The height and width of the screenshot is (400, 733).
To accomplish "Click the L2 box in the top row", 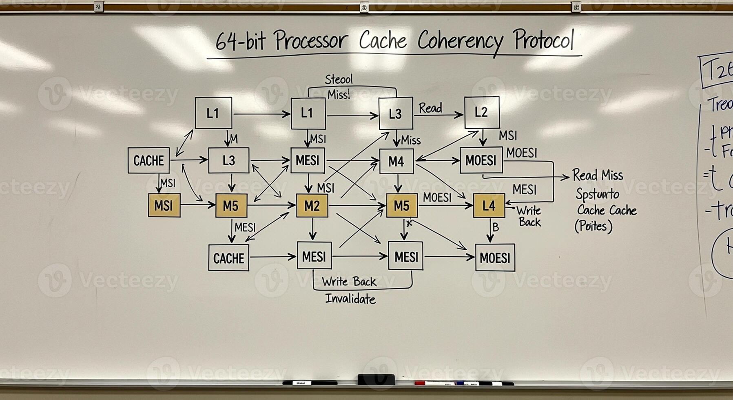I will point(482,113).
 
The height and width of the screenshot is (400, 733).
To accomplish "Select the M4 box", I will point(396,162).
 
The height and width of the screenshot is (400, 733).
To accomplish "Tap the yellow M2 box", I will point(312,206).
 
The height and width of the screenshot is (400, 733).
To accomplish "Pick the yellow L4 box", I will point(489,206).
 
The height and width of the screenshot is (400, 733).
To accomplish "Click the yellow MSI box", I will point(164,205).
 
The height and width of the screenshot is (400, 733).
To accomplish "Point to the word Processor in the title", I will point(311,41).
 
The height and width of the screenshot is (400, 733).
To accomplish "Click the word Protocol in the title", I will point(544,40).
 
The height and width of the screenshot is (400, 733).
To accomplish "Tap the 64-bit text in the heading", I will point(240,41).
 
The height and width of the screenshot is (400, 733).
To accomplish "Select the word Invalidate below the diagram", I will point(350,299).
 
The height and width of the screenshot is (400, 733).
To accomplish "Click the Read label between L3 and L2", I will point(430,108).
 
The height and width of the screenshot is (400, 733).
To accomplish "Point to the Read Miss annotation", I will point(598,176).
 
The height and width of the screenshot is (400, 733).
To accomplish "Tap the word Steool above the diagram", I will point(339,79).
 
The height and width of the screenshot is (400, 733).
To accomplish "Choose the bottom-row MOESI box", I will point(495,258).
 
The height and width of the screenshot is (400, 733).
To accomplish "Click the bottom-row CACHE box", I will point(228,258).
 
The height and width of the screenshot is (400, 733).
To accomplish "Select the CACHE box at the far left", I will point(148,160).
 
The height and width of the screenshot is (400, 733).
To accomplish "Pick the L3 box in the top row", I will point(395,113).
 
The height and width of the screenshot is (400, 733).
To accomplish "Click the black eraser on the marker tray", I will point(376,379).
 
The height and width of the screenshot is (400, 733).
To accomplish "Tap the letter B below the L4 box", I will point(496,227).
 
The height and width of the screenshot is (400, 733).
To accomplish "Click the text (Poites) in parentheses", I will point(593,226).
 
